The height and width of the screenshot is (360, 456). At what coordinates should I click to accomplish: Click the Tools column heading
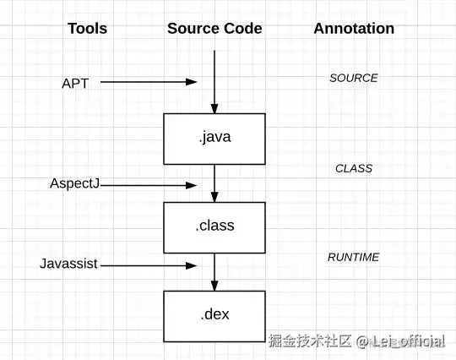87,29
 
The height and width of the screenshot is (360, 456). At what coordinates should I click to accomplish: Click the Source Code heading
214,29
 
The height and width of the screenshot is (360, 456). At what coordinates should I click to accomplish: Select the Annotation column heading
354,29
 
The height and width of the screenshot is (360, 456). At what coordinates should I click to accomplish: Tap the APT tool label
75,83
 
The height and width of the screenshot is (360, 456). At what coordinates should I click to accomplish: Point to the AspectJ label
75,183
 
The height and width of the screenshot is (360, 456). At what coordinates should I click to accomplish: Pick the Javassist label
68,264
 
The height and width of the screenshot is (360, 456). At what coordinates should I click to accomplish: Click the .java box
214,139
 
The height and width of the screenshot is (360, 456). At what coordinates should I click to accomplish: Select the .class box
214,226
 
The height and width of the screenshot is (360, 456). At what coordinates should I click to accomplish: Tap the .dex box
214,315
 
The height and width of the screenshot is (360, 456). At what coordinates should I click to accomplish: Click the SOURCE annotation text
353,79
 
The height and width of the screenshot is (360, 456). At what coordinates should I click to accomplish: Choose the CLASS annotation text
353,168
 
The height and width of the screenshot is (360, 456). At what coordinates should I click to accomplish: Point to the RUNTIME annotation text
353,257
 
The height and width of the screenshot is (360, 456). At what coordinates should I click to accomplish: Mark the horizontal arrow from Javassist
148,265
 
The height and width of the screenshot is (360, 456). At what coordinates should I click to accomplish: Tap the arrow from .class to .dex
214,270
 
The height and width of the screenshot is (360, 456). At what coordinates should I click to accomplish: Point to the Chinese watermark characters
309,341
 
